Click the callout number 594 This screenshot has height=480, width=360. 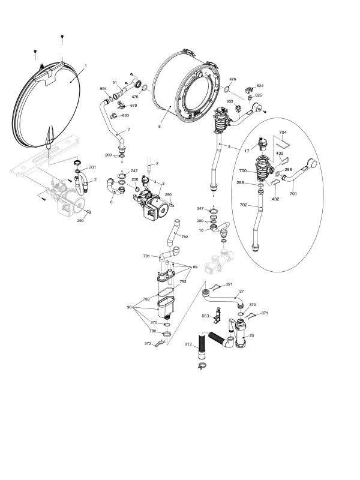tap(103, 89)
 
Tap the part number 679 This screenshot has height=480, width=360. tap(133, 106)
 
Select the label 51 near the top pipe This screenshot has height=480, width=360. tap(115, 82)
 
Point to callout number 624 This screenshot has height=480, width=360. tap(259, 86)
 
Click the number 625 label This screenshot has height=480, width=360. tap(259, 95)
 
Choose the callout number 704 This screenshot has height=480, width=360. tap(283, 132)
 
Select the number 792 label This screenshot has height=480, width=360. tap(185, 237)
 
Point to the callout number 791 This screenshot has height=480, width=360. tap(146, 256)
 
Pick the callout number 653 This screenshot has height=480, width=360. tap(205, 316)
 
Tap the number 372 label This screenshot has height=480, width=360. tap(148, 343)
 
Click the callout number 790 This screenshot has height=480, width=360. tap(152, 331)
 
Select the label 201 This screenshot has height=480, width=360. tap(92, 167)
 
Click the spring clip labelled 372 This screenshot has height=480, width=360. tap(160, 344)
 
